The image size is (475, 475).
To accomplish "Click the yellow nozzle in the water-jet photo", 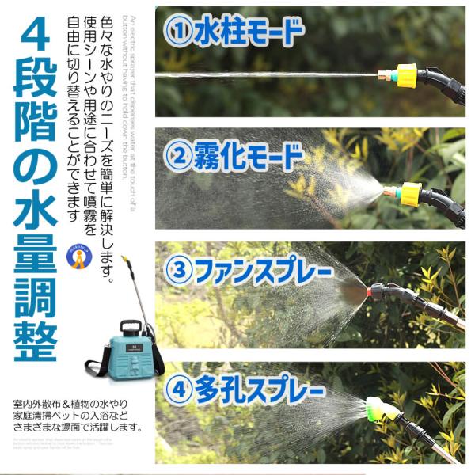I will [x=405, y=76].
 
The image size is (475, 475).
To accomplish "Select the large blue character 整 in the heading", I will [x=36, y=336].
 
